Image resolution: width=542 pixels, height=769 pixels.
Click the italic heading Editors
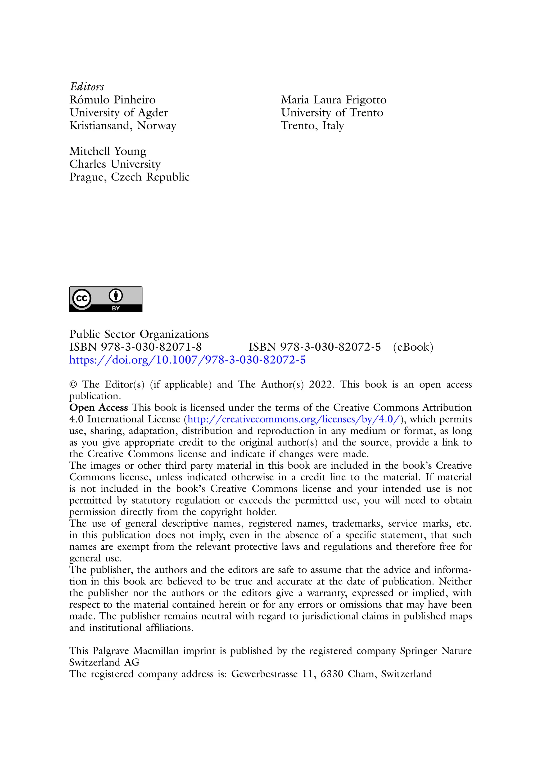87,87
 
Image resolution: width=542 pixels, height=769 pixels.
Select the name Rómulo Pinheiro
112,100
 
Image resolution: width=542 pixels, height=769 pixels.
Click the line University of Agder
119,113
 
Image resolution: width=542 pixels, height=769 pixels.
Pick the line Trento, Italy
312,126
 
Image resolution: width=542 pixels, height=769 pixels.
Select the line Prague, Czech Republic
129,177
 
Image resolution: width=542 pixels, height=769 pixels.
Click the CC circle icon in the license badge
82,298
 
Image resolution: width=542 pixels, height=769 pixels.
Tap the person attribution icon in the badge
116,295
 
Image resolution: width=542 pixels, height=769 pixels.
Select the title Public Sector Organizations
139,334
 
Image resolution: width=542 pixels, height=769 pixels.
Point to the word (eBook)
413,347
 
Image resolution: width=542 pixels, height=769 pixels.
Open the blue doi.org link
187,360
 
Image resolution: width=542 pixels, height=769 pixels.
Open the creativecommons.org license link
294,419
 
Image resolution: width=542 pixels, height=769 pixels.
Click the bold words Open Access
98,408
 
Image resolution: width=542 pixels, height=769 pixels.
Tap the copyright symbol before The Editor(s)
73,384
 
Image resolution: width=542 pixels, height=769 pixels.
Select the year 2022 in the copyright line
321,384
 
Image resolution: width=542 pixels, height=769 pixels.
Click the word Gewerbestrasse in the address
264,674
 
